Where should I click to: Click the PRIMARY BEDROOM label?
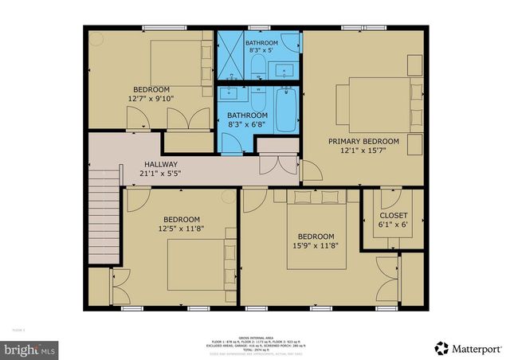point(363,140)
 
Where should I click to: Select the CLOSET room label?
point(393,216)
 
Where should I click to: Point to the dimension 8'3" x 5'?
point(261,50)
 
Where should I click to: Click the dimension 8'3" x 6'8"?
point(248,125)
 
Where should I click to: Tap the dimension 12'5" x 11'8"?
point(182,229)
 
